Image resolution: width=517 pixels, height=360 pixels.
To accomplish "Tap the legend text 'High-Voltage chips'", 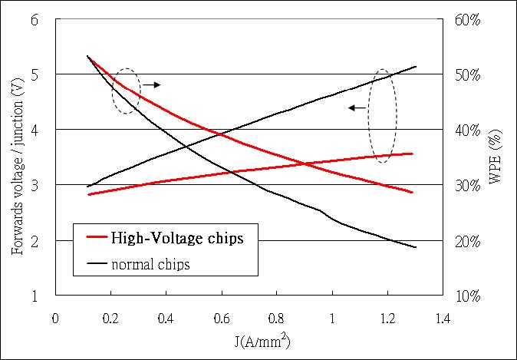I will tap(177, 239).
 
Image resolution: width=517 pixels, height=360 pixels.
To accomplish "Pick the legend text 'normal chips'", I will tap(150, 265).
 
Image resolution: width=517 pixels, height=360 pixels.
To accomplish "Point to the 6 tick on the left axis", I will tap(34, 20).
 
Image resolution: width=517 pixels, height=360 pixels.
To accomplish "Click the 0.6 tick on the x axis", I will tap(221, 317).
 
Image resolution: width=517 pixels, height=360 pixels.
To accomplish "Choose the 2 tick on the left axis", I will tap(34, 241).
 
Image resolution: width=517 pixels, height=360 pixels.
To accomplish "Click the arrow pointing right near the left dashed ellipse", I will tap(151, 84).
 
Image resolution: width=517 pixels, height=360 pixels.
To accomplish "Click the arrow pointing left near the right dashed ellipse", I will tap(356, 108).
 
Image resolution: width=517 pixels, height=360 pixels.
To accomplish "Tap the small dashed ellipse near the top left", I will tap(126, 91).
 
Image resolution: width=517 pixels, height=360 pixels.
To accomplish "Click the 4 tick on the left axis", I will tap(34, 130).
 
